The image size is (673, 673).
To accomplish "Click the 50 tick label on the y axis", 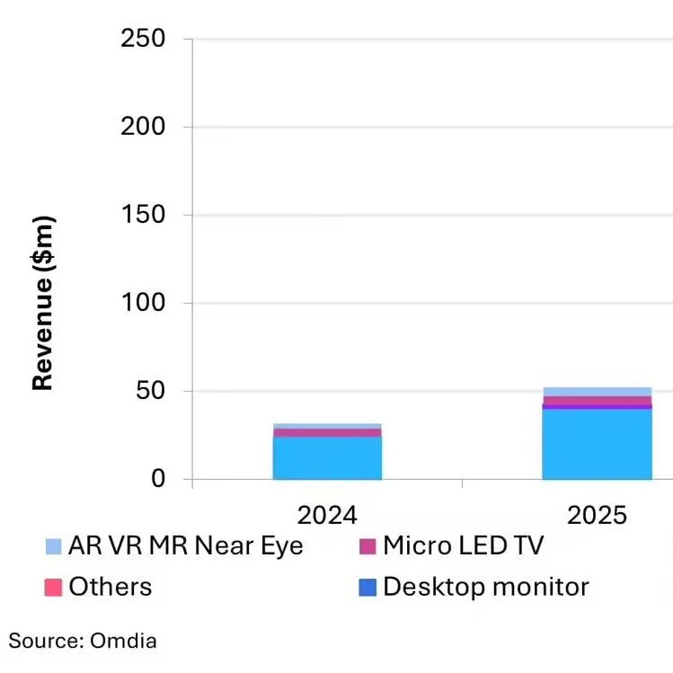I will point(150,392).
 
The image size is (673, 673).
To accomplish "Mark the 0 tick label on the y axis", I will point(158,480).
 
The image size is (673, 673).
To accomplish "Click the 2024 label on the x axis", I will point(327,515).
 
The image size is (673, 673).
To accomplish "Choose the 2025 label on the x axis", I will point(597,515).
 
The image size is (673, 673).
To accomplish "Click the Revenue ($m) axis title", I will point(42,303).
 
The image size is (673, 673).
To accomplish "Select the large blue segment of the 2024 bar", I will point(327,458).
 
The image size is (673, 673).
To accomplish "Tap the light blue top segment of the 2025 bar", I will point(597,392).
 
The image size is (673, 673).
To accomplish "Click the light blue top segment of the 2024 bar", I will point(327,426).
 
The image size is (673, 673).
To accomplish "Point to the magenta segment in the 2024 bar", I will point(327,433).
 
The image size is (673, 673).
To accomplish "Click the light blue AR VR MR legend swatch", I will point(54,546).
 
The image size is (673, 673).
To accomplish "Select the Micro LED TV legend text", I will point(463,545).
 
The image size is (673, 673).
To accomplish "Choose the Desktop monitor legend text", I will point(485,588).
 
